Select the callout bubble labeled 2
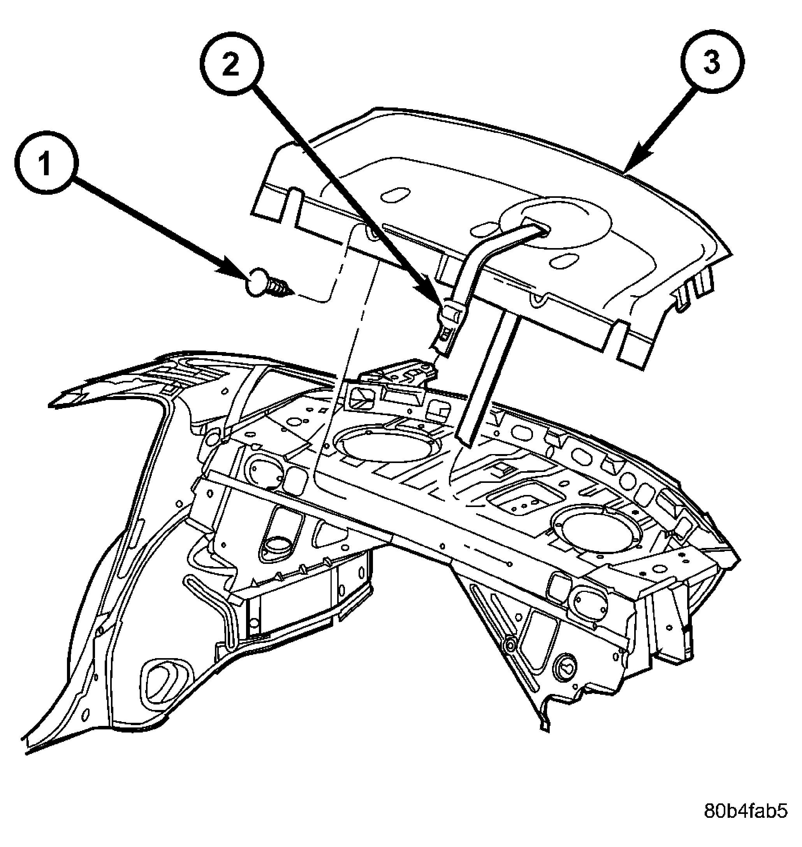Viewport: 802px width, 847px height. coord(231,65)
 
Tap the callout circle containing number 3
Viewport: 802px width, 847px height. coord(712,60)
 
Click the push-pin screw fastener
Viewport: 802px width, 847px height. coord(269,283)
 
